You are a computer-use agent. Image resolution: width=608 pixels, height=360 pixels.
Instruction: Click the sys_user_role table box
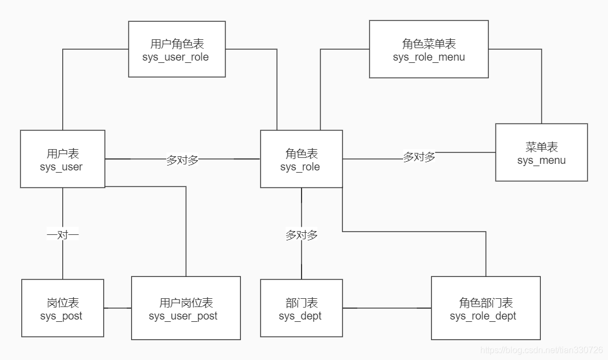point(176,49)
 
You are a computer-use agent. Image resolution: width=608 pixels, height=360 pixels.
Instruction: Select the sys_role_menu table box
point(428,49)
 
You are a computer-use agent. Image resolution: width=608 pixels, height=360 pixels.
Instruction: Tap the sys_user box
point(62,159)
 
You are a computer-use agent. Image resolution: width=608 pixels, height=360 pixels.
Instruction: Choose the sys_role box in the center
point(301,159)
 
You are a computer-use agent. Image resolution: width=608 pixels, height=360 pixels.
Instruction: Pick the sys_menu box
point(541,152)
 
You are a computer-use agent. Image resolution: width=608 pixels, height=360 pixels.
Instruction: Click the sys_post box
point(62,308)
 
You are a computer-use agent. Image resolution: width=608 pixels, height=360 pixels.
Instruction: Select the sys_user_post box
point(186,308)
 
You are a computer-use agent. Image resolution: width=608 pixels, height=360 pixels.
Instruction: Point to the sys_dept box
point(301,308)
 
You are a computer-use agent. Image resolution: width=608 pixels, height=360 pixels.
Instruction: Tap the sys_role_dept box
point(485,308)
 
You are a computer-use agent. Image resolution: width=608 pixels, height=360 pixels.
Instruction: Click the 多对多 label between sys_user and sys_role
point(182,160)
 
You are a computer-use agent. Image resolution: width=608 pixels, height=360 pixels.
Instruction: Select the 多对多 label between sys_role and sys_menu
point(419,157)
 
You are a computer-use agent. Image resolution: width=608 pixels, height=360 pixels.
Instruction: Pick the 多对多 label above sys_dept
point(302,235)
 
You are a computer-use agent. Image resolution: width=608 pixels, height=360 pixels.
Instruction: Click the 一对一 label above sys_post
point(63,235)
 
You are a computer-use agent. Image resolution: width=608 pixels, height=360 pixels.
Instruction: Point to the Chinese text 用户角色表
point(176,44)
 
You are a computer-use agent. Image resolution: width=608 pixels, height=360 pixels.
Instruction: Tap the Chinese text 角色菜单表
point(429,44)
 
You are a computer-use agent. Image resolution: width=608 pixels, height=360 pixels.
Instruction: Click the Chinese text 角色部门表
point(486,303)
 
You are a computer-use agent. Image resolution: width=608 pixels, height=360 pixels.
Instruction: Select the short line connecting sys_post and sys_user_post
point(117,308)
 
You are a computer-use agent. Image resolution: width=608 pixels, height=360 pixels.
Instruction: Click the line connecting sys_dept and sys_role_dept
point(387,308)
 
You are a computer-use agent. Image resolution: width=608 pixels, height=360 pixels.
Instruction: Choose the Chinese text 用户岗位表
point(186,303)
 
